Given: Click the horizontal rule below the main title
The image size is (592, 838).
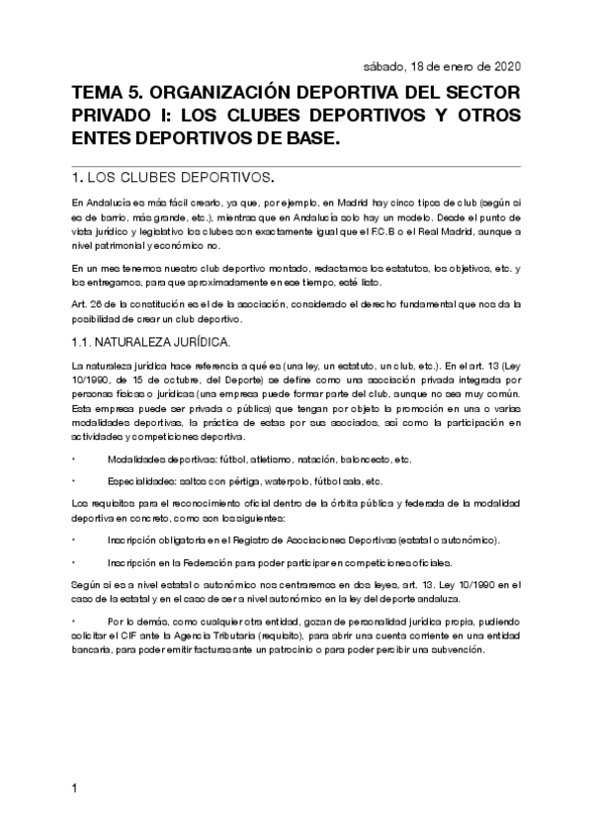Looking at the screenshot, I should pos(296,162).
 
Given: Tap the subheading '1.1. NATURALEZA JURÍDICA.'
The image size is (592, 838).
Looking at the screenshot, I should pos(151,342).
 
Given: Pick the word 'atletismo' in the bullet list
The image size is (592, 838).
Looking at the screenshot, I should pos(255,460).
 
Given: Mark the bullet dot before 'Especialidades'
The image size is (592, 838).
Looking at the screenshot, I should pos(74,481).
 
